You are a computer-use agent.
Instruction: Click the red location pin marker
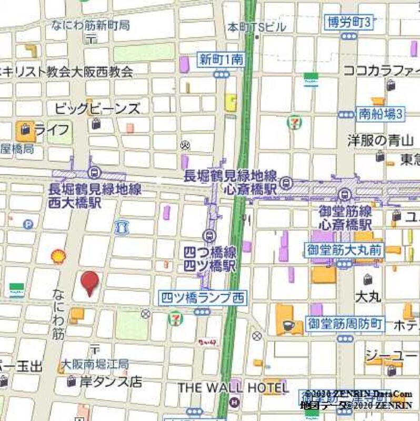coord(89,282)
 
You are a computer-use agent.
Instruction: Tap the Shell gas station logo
coord(58,256)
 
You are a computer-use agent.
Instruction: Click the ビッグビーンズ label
coord(98,109)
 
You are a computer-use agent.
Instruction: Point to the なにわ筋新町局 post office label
coord(91,25)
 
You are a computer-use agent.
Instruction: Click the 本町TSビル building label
coord(256,27)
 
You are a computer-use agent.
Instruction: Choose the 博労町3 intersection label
coord(349,22)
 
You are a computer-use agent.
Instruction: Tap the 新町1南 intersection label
coord(221,60)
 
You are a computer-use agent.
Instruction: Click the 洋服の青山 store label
coord(381,141)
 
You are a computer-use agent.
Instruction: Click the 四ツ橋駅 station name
coord(209,265)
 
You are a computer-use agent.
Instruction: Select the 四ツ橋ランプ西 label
coord(202,298)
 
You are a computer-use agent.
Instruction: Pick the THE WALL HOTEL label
coord(233,388)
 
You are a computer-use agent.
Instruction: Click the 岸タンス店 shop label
coord(111,382)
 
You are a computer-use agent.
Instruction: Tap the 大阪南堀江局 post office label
coord(94,364)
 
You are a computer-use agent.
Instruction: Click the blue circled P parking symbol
coord(28,224)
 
